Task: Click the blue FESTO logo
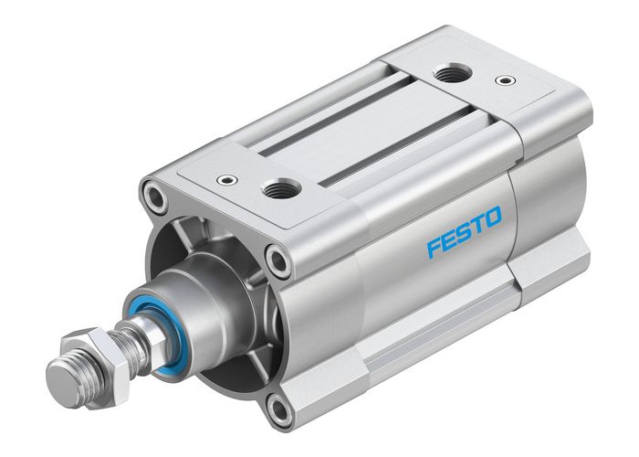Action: click(x=464, y=232)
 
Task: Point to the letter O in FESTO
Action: click(x=491, y=218)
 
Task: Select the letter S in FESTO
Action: click(x=464, y=232)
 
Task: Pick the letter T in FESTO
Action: click(x=477, y=225)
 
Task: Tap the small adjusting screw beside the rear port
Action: click(x=501, y=80)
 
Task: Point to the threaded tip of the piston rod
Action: click(x=61, y=372)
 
